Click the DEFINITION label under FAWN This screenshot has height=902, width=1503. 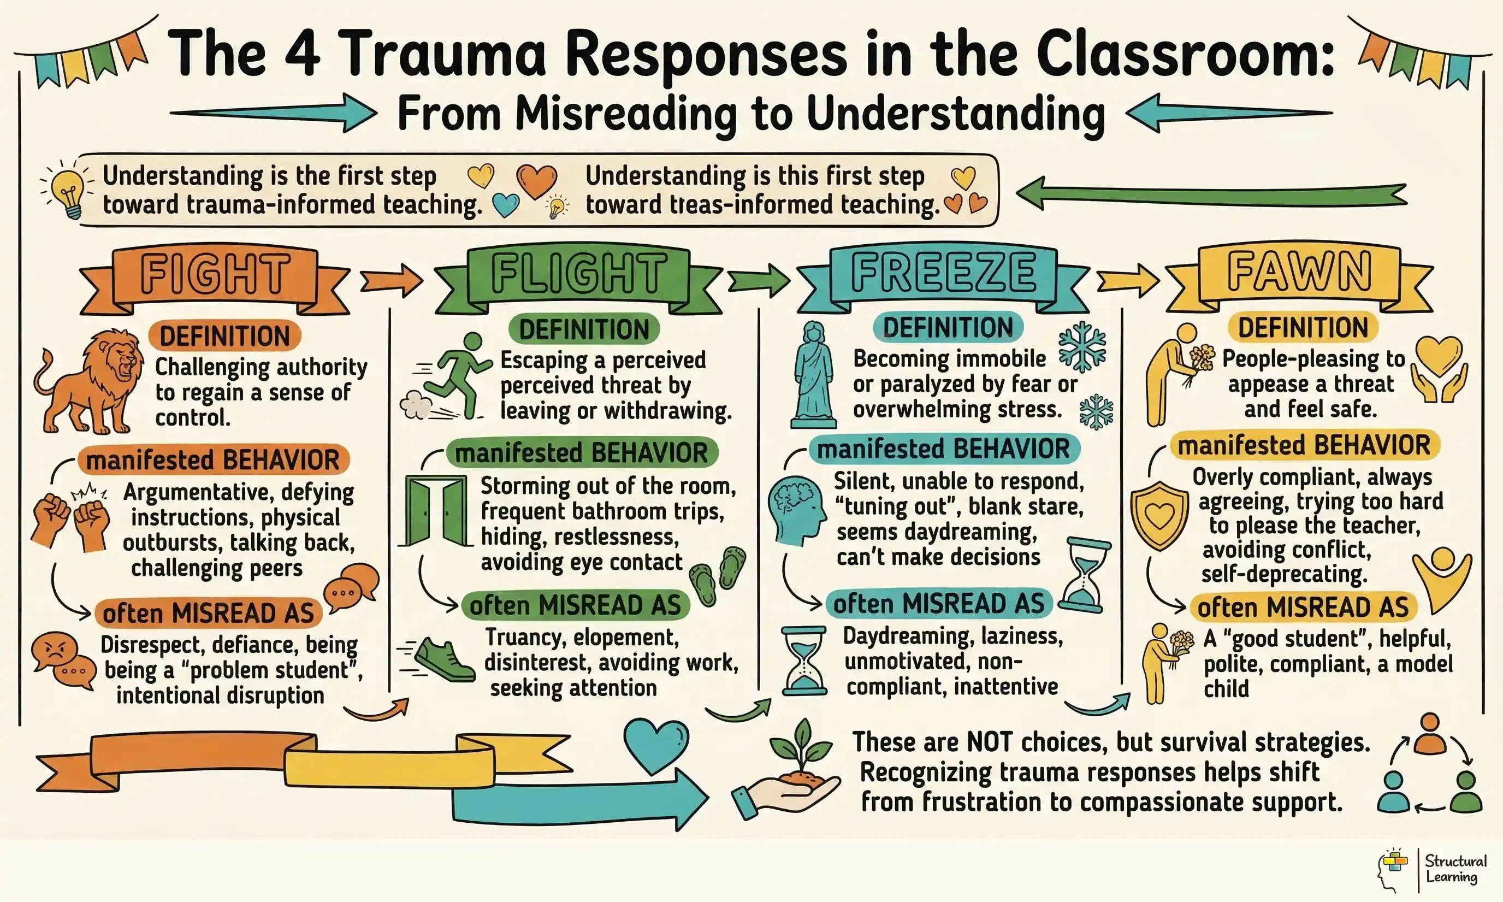tap(1303, 328)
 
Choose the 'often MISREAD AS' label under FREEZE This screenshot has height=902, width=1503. tap(939, 604)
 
